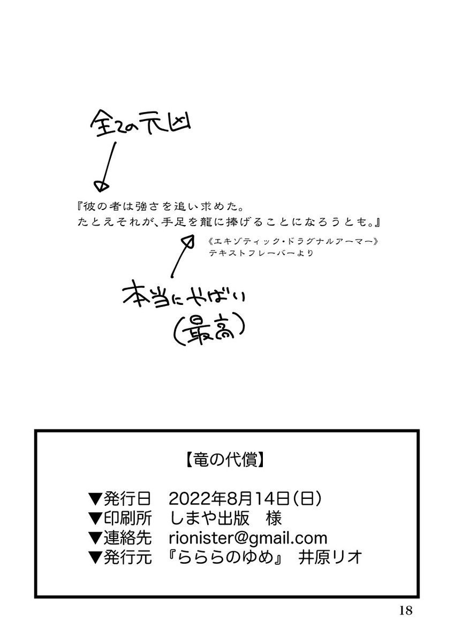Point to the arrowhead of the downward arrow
point(98,185)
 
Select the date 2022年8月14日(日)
point(245,499)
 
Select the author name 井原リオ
point(332,557)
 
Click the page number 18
point(405,610)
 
